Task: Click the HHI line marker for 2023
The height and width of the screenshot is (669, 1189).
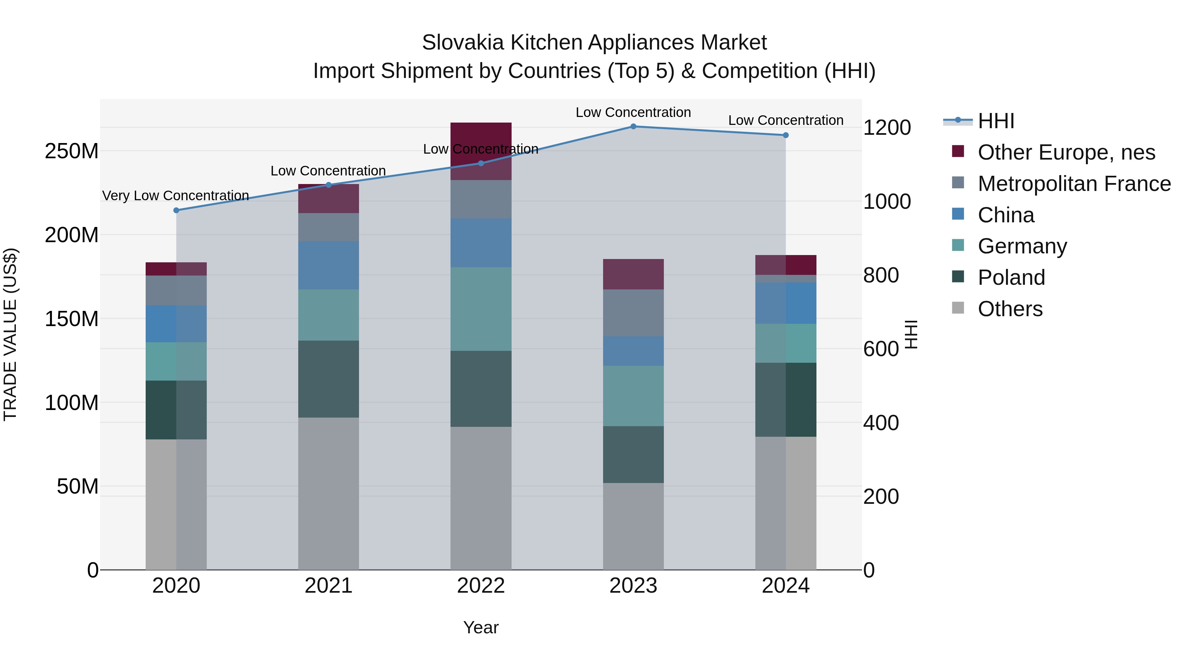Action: click(633, 127)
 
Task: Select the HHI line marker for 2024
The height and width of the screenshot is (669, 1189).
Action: click(786, 135)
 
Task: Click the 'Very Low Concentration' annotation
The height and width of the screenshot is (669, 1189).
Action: click(175, 196)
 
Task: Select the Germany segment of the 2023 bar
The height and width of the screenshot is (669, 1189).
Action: click(633, 396)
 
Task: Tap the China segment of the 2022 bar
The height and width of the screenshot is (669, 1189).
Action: click(481, 243)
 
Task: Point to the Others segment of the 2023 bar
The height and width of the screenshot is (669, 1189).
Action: click(633, 526)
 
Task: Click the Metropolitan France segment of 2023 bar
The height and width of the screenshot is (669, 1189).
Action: click(633, 313)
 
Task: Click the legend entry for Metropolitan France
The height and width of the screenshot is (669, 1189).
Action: click(1074, 184)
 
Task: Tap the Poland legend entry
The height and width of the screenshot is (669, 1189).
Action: click(1011, 278)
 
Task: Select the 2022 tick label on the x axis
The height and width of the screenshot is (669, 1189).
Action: click(481, 586)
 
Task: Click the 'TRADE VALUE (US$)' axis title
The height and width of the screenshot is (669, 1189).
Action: click(10, 334)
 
